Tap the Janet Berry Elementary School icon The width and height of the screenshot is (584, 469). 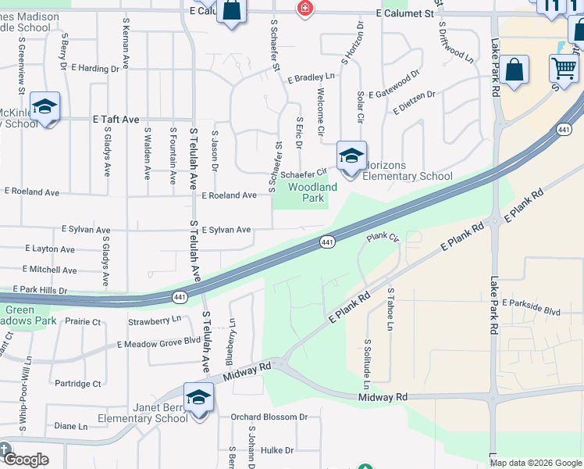198,398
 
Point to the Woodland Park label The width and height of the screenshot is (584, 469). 312,192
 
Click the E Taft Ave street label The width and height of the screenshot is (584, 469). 116,120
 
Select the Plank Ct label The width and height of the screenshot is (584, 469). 383,236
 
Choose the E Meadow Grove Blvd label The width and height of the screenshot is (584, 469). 159,342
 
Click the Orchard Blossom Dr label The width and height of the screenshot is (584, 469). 272,417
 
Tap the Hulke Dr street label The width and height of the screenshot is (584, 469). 277,450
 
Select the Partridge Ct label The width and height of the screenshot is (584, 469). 78,384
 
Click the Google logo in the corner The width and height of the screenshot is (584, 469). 25,460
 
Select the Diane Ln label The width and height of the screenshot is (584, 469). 71,426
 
